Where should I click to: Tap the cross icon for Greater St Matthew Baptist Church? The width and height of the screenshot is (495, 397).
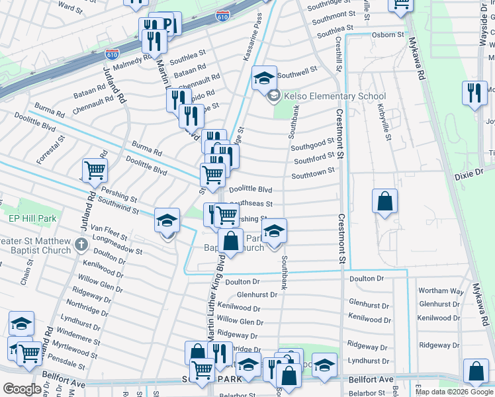tap(81, 245)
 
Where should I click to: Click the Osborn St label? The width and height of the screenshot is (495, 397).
tap(388, 34)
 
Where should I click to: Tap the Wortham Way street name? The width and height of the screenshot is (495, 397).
tap(441, 291)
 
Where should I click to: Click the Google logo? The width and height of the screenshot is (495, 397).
tap(22, 388)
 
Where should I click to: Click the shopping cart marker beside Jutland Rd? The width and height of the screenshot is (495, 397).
tap(95, 171)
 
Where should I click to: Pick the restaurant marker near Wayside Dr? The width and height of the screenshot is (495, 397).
tap(474, 93)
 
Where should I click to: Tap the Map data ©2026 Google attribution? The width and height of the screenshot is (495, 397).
tap(454, 392)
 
